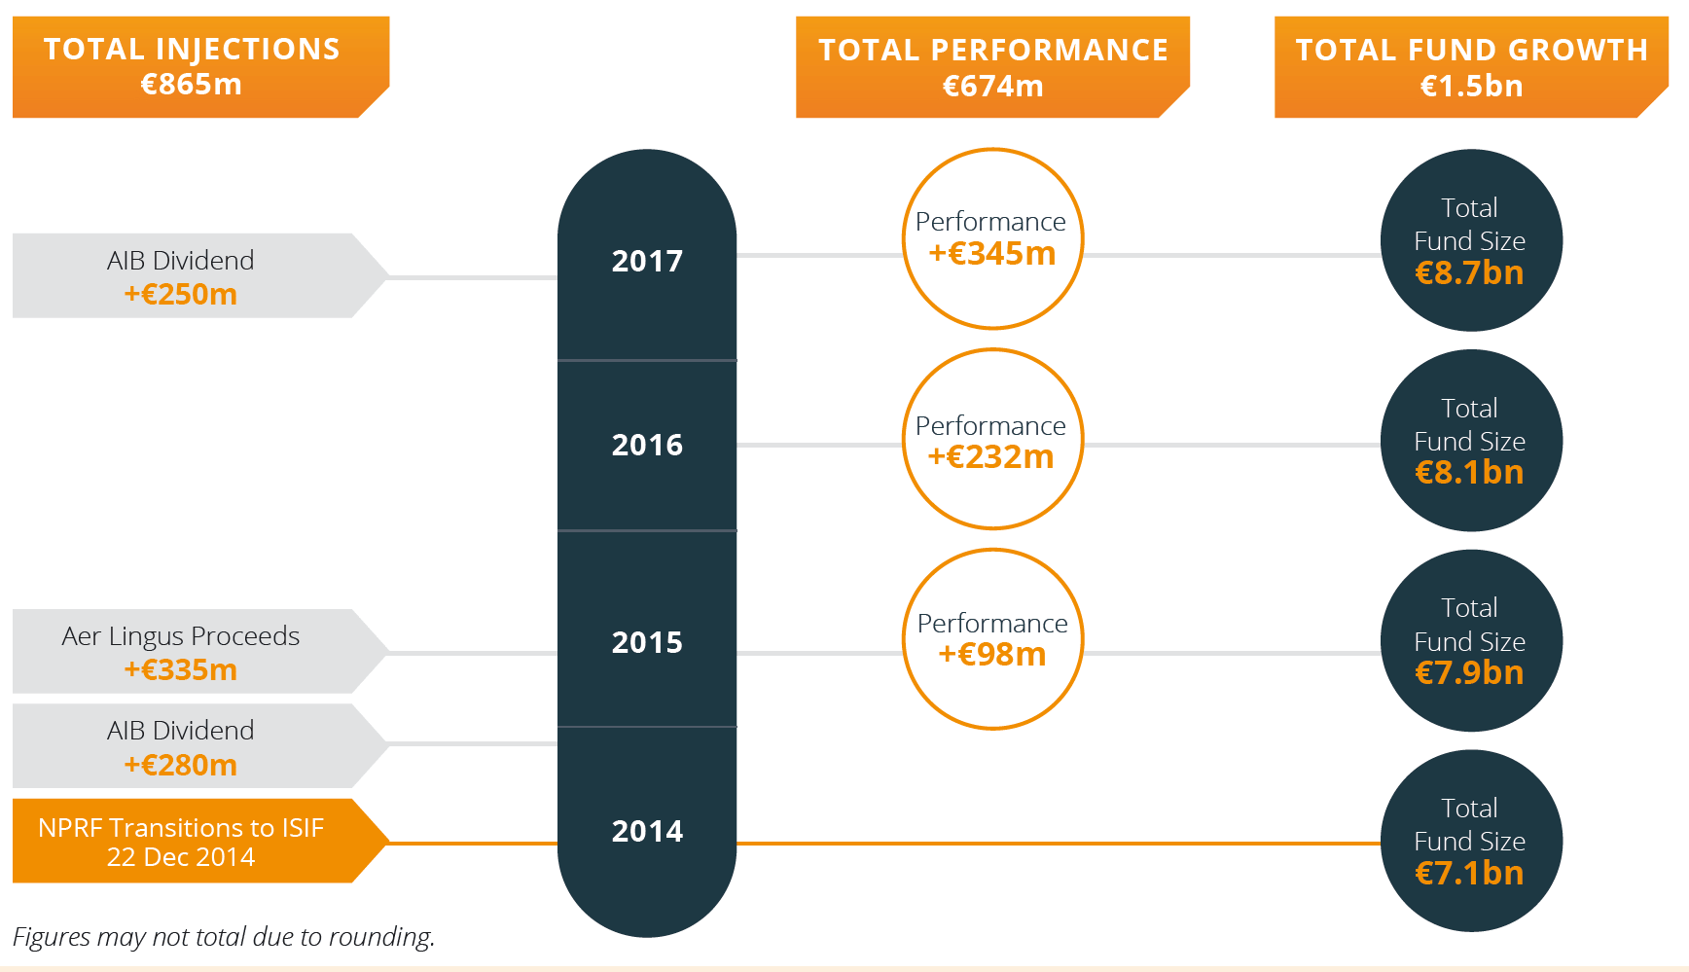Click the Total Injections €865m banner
(200, 67)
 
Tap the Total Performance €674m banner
(992, 67)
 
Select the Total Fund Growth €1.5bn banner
(1471, 67)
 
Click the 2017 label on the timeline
(647, 261)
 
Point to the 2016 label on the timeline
(647, 445)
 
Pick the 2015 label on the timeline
(647, 642)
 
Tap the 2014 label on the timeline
(647, 831)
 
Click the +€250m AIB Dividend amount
(181, 294)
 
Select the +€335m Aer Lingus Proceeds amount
(181, 669)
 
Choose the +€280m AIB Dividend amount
(181, 765)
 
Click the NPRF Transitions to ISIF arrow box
(200, 841)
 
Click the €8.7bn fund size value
(1469, 273)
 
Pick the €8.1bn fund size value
(1469, 473)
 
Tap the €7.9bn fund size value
(1469, 673)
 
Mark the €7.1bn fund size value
(1469, 874)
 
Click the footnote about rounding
(224, 937)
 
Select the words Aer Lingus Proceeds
(181, 636)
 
